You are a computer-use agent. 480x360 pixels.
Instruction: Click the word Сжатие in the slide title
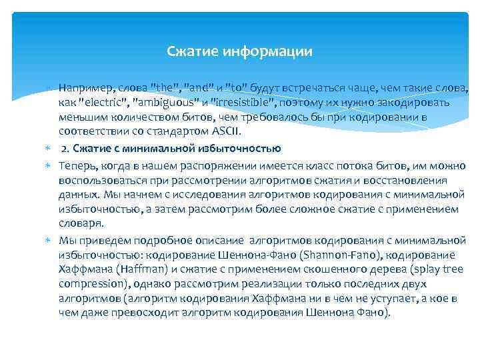(x=189, y=51)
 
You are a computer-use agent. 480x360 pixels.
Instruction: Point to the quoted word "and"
(x=203, y=88)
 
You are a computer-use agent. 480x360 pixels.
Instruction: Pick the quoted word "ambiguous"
(x=169, y=103)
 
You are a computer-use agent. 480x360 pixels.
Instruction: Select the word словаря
(x=79, y=225)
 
